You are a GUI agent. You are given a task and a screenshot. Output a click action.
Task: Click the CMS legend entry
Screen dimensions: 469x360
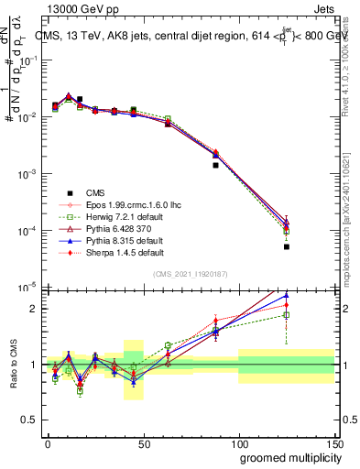[x=95, y=192]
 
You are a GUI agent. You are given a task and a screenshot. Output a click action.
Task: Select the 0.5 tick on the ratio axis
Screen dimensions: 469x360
[x=30, y=421]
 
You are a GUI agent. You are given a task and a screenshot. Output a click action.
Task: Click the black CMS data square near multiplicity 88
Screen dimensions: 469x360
[x=215, y=165]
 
